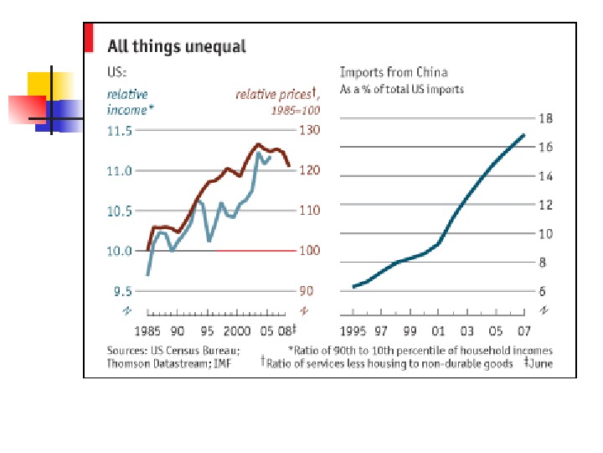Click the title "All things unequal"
(x=176, y=46)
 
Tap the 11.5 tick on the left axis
(x=120, y=131)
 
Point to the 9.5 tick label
(x=122, y=291)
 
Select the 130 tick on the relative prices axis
(x=309, y=131)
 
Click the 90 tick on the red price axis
(x=307, y=291)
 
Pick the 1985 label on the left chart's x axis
(x=147, y=330)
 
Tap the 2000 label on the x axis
(x=240, y=330)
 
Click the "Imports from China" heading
(x=393, y=72)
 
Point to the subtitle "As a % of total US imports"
(x=401, y=88)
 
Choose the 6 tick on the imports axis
(x=544, y=291)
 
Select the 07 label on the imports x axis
(x=524, y=330)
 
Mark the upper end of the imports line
(x=524, y=135)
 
